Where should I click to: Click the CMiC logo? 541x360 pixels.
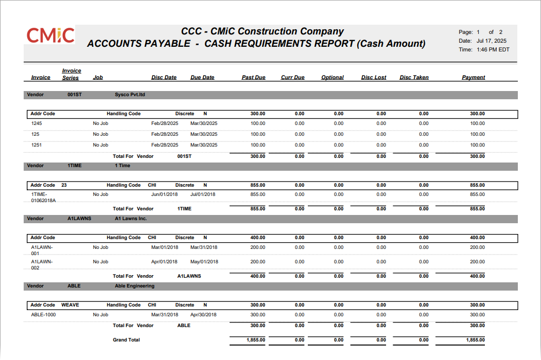pos(50,35)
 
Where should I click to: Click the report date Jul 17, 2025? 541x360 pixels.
pos(492,41)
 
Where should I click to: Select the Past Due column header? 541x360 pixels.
pos(253,78)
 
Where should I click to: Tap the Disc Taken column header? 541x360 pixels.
pos(414,78)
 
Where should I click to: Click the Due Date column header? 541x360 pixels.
pos(202,78)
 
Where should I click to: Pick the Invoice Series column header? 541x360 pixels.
pos(71,74)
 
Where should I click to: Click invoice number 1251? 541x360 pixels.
pos(37,145)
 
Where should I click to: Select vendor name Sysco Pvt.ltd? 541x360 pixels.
pos(130,95)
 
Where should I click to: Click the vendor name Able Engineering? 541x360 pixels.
pos(134,286)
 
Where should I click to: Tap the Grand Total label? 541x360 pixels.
pos(126,340)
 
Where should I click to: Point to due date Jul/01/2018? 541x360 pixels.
pos(203,194)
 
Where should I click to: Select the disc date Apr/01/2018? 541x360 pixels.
pos(165,262)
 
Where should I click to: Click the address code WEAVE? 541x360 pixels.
pos(70,305)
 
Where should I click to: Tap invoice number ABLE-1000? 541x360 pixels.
pos(43,315)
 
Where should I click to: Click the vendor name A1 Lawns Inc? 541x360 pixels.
pos(131,219)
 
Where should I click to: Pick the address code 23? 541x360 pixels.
pos(64,185)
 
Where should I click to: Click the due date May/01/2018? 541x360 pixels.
pos(204,262)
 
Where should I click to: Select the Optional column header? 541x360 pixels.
pos(332,78)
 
